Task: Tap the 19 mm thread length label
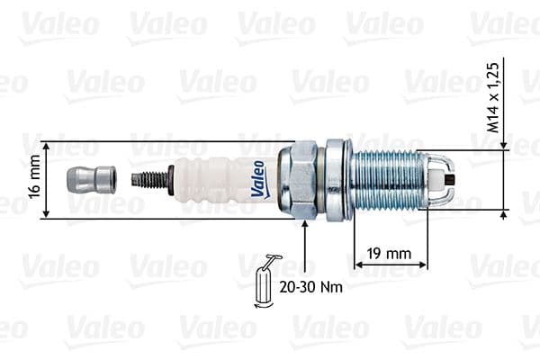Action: coord(390,253)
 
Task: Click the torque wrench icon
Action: coord(265,281)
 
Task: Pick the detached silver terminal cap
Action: coord(91,180)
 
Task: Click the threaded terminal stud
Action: coord(151,180)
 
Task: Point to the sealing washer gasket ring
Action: coord(337,180)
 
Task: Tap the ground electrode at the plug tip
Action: coord(443,178)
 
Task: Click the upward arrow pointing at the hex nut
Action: coord(305,225)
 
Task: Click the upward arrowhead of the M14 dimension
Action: coord(503,215)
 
